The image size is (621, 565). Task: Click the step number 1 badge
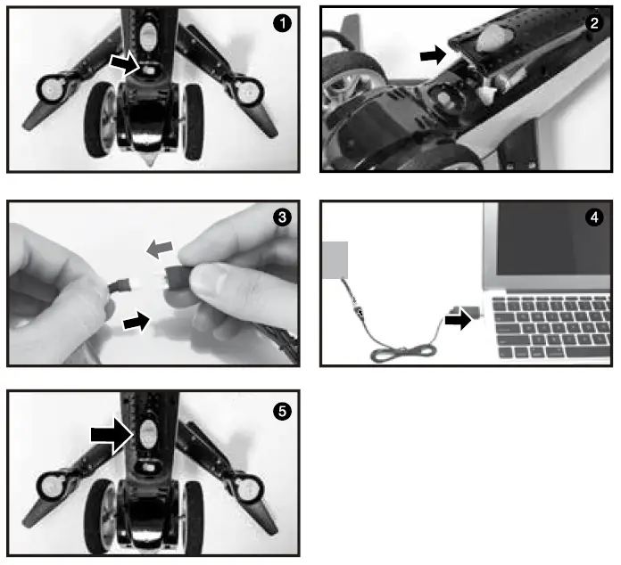point(282,23)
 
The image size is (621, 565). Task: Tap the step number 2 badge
point(594,23)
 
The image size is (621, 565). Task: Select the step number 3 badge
point(282,217)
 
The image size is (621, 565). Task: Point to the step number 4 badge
point(594,217)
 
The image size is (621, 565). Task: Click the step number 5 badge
point(282,411)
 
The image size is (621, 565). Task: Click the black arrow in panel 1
point(125,63)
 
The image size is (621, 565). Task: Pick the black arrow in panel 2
point(434,54)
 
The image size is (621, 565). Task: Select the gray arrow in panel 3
point(160,250)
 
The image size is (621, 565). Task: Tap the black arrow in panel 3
point(137,322)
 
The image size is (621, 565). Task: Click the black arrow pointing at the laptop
point(459,319)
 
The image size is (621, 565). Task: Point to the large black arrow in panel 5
point(112,435)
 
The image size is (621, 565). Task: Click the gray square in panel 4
point(335,260)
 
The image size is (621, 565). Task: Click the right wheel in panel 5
point(194,518)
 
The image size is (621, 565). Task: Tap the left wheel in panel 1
point(98,120)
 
